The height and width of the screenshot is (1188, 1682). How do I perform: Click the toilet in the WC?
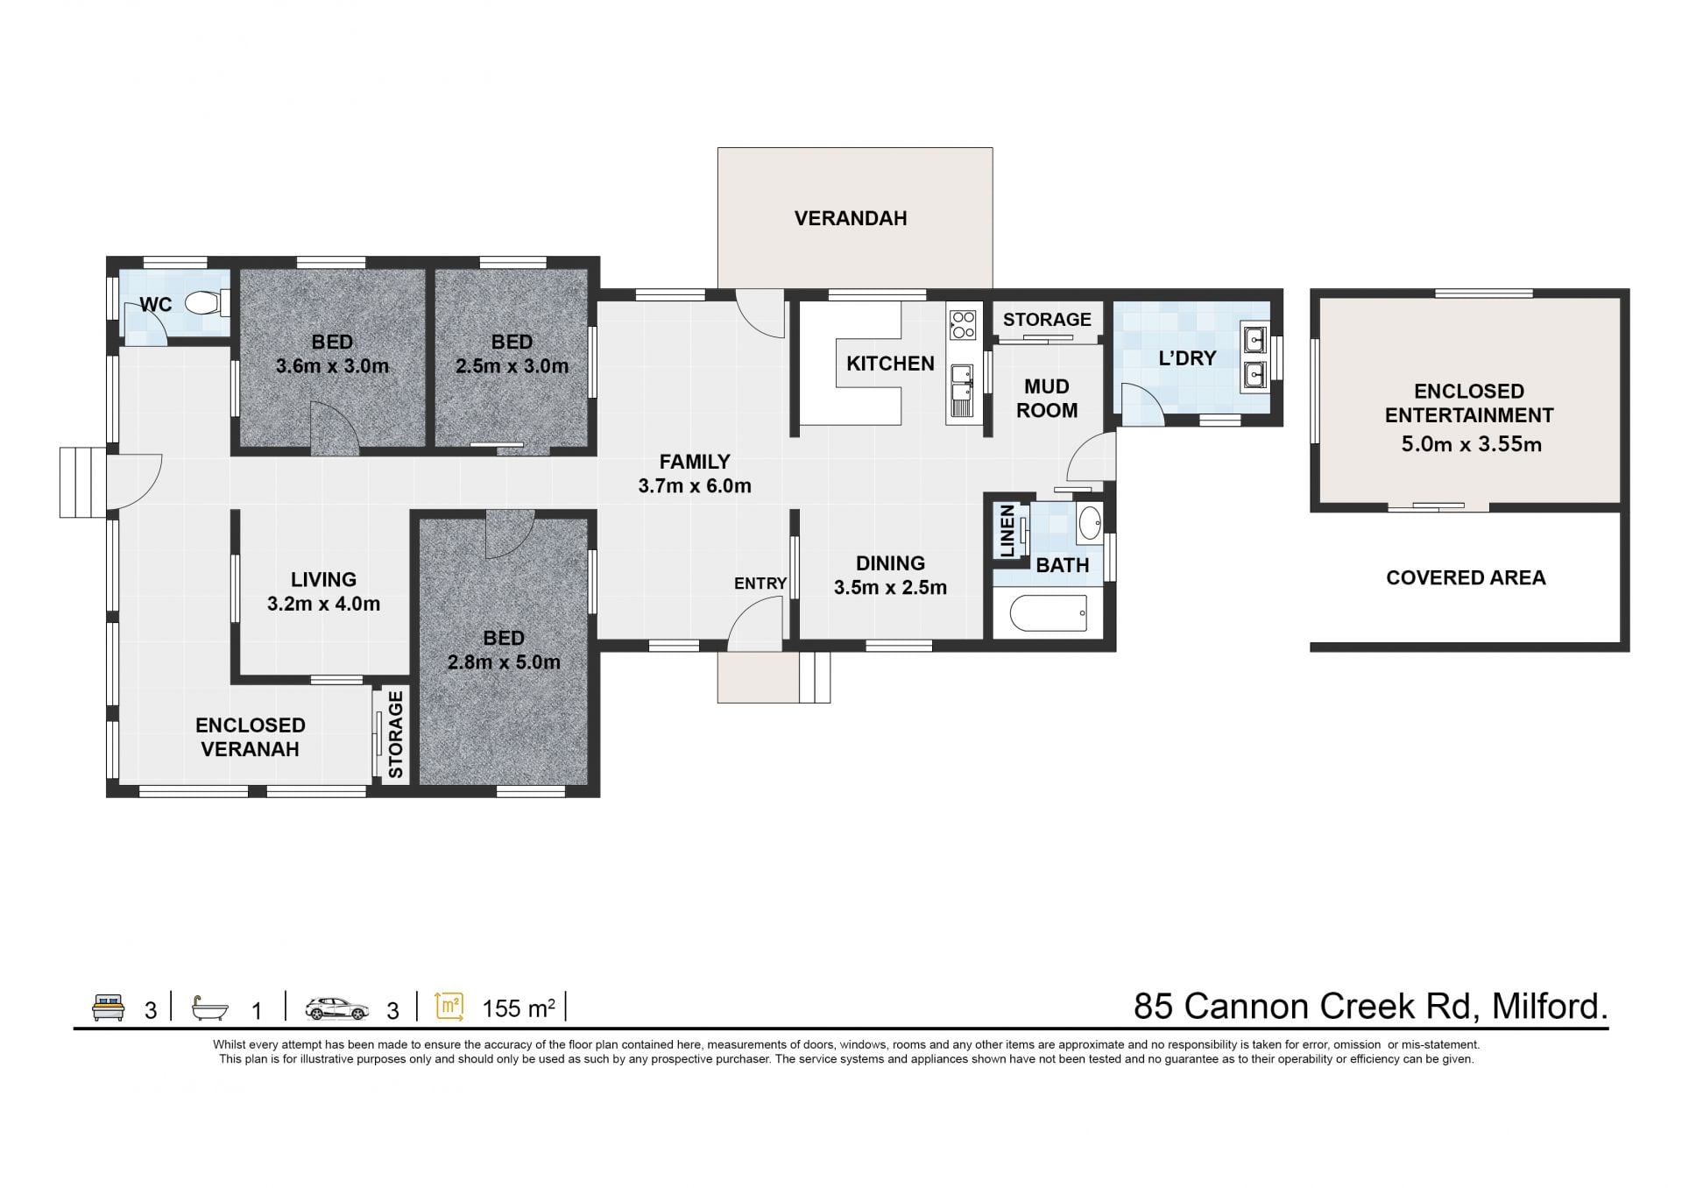point(207,303)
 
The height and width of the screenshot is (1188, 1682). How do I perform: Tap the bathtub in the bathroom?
point(1049,613)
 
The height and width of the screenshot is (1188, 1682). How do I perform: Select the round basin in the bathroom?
point(1090,524)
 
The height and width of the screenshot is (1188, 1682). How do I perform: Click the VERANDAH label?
point(851,218)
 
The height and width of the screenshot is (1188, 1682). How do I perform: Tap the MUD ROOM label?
point(1047,399)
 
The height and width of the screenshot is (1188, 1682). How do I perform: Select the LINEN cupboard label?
point(1007,531)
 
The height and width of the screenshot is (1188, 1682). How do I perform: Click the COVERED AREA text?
point(1466,577)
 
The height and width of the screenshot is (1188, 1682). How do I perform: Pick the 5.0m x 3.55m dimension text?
point(1471,444)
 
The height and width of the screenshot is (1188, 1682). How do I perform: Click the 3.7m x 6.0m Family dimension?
point(695,486)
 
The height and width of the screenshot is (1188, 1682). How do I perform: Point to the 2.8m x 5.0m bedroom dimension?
point(504,662)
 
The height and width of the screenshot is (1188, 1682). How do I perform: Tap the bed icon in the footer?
point(110,1008)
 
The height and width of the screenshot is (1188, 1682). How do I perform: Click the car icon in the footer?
point(337,1009)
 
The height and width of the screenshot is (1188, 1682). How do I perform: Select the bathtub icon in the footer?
point(210,1008)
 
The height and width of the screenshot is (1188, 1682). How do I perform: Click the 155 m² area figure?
point(519,1008)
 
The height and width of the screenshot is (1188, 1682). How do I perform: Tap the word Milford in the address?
point(1551,1007)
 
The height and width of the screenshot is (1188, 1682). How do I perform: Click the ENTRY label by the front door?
point(760,583)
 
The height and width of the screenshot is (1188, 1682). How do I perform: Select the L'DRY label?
point(1187,358)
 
